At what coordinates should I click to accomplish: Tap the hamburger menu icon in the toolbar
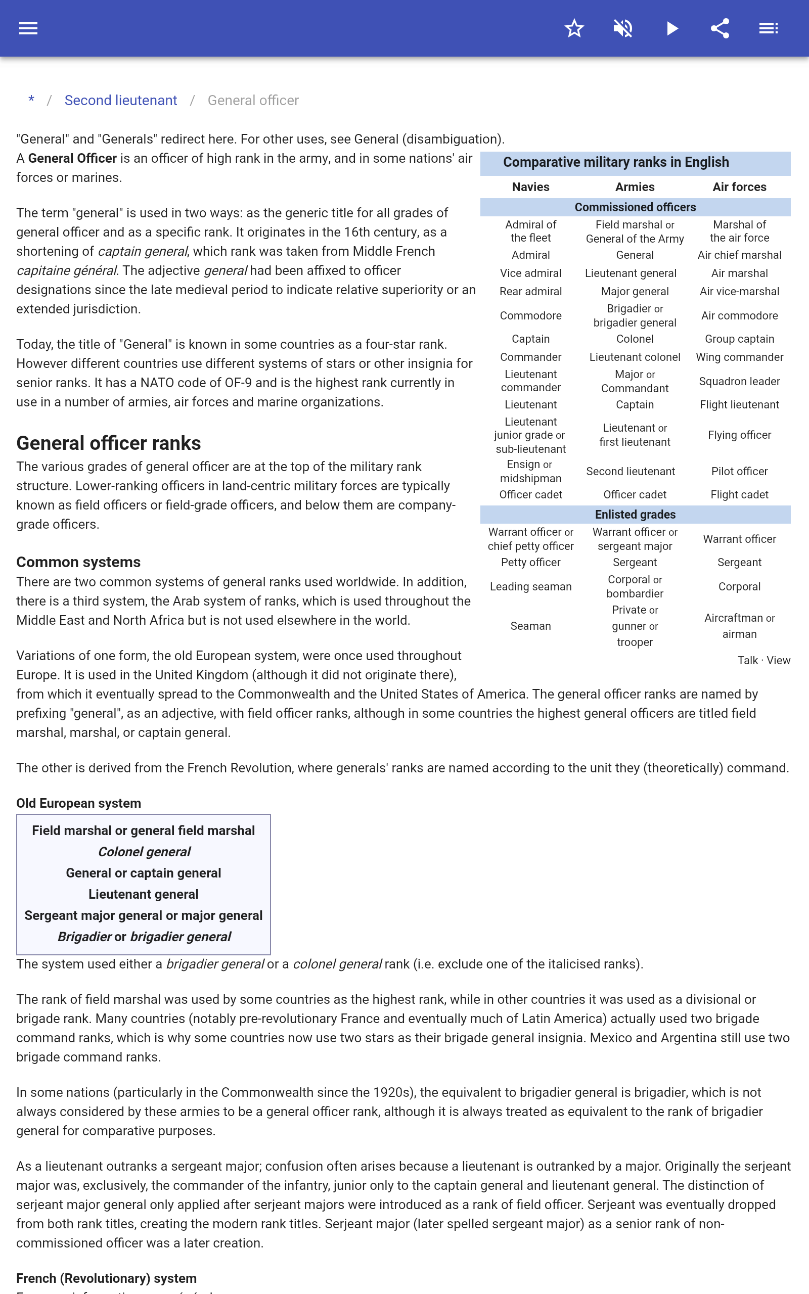(28, 28)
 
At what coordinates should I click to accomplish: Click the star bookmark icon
(574, 28)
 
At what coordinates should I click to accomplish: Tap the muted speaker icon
(623, 28)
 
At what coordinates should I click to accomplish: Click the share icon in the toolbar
(720, 28)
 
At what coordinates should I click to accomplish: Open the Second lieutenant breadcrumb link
(120, 101)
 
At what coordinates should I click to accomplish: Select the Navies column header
(530, 187)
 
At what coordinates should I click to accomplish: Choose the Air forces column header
(739, 187)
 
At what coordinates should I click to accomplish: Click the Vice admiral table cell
(530, 273)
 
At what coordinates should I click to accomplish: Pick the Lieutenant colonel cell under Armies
(635, 357)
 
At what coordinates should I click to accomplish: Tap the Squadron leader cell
(739, 381)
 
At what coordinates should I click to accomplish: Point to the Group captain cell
(739, 339)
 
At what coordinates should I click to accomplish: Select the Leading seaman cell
(530, 586)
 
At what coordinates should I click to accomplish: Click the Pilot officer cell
(739, 471)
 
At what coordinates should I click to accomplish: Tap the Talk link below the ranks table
(747, 660)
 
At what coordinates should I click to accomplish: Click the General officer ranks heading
(109, 443)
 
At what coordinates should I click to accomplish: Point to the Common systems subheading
(78, 562)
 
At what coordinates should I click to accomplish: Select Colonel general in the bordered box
(144, 852)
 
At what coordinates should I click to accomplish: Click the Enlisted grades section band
(635, 515)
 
